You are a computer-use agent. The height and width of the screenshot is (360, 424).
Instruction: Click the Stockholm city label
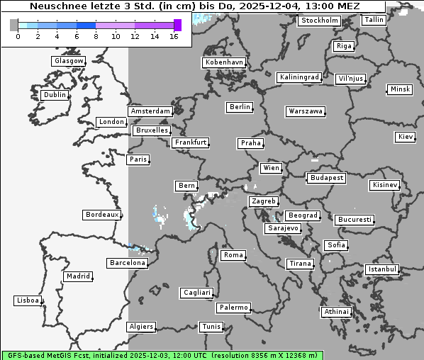pos(319,21)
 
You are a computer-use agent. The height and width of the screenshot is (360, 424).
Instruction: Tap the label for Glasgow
pos(69,61)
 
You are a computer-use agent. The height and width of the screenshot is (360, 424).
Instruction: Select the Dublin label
pos(55,95)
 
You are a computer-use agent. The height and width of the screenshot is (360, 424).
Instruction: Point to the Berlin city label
pos(240,107)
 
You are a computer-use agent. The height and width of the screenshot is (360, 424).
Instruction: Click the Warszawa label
pos(306,111)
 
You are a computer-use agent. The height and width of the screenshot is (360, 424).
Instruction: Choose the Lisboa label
pos(28,300)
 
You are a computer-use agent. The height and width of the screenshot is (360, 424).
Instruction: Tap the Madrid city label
pos(77,276)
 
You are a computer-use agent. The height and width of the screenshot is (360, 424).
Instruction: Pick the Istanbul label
pos(382,269)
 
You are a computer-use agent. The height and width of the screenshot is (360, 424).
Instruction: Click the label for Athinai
pos(335,312)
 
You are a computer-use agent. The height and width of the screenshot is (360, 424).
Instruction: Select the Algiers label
pos(140,327)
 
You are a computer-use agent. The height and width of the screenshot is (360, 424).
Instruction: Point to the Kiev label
pos(406,136)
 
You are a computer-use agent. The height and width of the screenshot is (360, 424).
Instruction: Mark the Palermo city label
pos(233,308)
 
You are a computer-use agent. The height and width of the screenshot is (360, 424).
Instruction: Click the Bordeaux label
pos(101,214)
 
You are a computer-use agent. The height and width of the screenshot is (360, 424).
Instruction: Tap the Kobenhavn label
pos(224,62)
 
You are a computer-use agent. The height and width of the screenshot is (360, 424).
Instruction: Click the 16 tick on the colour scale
pos(174,36)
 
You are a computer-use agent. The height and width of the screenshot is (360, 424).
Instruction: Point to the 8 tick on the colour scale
pos(96,36)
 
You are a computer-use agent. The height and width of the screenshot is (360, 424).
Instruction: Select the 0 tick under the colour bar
pos(17,36)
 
